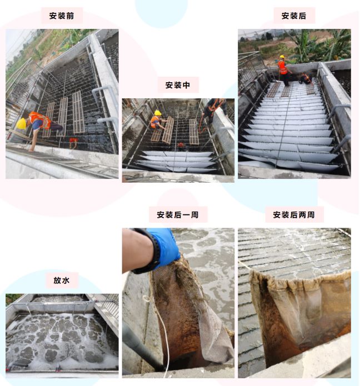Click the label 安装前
click(62, 16)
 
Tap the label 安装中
click(178, 85)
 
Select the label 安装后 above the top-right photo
click(294, 16)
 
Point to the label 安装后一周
click(178, 215)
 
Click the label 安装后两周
click(294, 215)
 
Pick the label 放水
click(62, 280)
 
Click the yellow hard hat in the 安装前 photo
click(22, 124)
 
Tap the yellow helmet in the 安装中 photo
click(158, 113)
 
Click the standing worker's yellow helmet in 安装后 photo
click(282, 57)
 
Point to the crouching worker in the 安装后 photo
click(306, 79)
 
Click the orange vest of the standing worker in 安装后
click(282, 67)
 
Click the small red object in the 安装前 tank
click(73, 141)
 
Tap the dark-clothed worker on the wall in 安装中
click(214, 111)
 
